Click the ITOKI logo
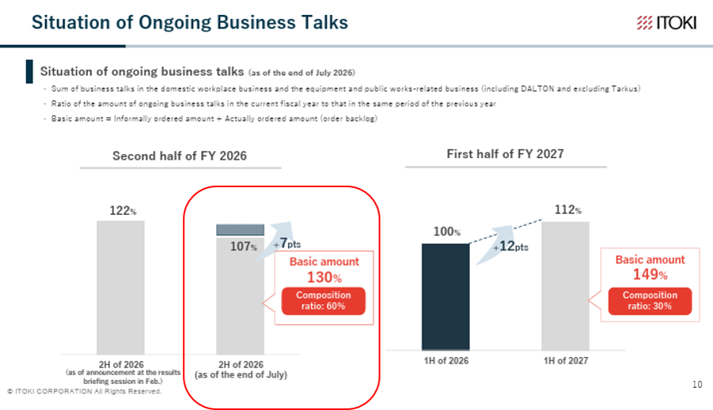[x=666, y=22]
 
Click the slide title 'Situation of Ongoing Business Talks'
[x=190, y=22]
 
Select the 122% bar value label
[x=123, y=211]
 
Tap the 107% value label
[x=244, y=246]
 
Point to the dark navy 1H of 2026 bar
[x=446, y=297]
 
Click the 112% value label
[x=568, y=210]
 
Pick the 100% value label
[x=447, y=231]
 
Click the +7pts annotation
[x=287, y=243]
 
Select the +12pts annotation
[x=510, y=246]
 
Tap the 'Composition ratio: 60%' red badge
[x=324, y=300]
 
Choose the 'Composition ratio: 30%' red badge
[x=650, y=300]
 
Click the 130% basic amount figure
[x=324, y=277]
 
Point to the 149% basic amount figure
[x=650, y=274]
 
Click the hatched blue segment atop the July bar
[x=240, y=230]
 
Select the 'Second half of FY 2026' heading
[x=180, y=156]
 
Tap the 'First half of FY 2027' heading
[x=505, y=154]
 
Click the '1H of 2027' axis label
[x=566, y=360]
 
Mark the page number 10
[x=697, y=385]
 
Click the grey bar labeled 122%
[x=120, y=288]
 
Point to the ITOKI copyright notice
[x=85, y=391]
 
